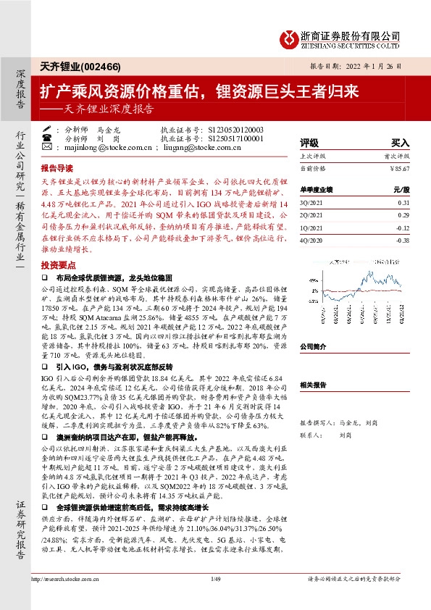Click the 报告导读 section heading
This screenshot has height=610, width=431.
(57, 166)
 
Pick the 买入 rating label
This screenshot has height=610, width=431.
(401, 143)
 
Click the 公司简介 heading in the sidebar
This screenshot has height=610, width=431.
(315, 347)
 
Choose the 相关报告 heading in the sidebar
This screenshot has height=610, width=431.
(315, 385)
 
